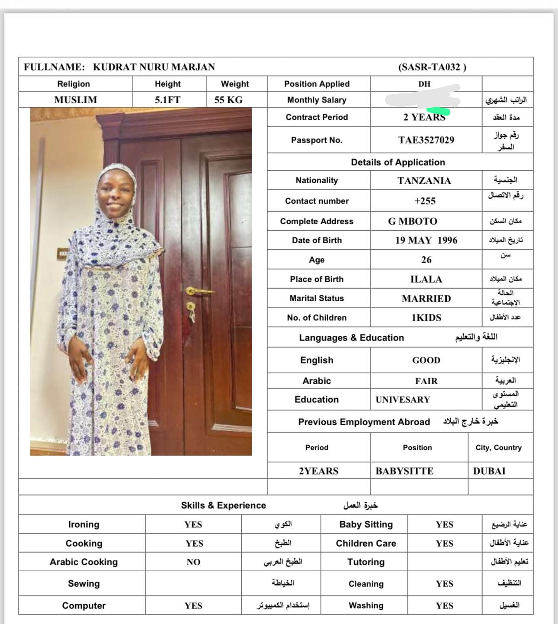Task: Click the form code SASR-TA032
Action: (x=432, y=67)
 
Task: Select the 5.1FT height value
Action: (x=167, y=100)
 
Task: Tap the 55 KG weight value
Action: (x=228, y=100)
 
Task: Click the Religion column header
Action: (x=74, y=84)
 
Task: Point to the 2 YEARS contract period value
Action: (x=424, y=117)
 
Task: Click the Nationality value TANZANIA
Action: (x=424, y=181)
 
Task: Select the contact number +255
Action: (x=425, y=201)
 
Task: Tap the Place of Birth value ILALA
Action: (x=426, y=279)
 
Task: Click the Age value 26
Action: (x=426, y=260)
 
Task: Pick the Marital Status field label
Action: (x=317, y=298)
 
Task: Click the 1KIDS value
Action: (x=426, y=318)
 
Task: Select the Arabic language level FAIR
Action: (x=426, y=381)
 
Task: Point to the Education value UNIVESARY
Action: (x=403, y=400)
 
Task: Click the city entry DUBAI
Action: (x=489, y=471)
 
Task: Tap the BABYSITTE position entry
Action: (x=404, y=471)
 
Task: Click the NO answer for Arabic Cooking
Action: (x=193, y=562)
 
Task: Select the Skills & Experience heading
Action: (x=223, y=505)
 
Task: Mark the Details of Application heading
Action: (x=398, y=162)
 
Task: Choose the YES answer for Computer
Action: (x=193, y=606)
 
